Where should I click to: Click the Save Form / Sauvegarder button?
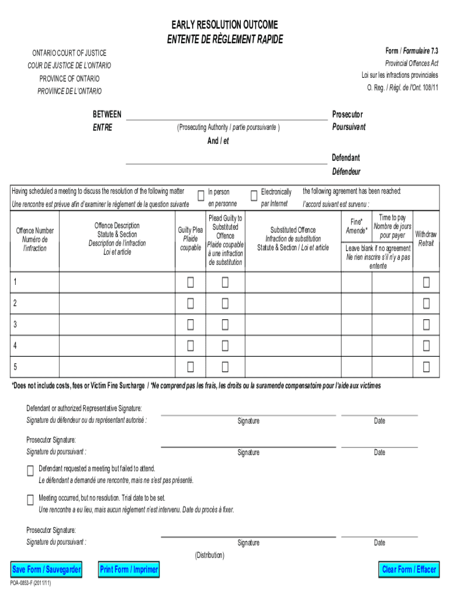tap(47, 569)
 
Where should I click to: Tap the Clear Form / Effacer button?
tap(409, 569)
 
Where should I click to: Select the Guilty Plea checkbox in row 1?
tap(191, 283)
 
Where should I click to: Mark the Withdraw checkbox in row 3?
tap(426, 325)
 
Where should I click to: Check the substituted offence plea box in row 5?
tap(225, 367)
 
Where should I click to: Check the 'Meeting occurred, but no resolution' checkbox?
tap(30, 500)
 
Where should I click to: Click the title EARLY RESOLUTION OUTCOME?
tap(224, 25)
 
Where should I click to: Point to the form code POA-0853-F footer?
tap(30, 584)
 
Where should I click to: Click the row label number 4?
tap(15, 346)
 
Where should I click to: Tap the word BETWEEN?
tap(108, 114)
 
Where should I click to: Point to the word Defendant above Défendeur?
tap(346, 158)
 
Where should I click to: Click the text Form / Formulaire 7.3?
tap(411, 51)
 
